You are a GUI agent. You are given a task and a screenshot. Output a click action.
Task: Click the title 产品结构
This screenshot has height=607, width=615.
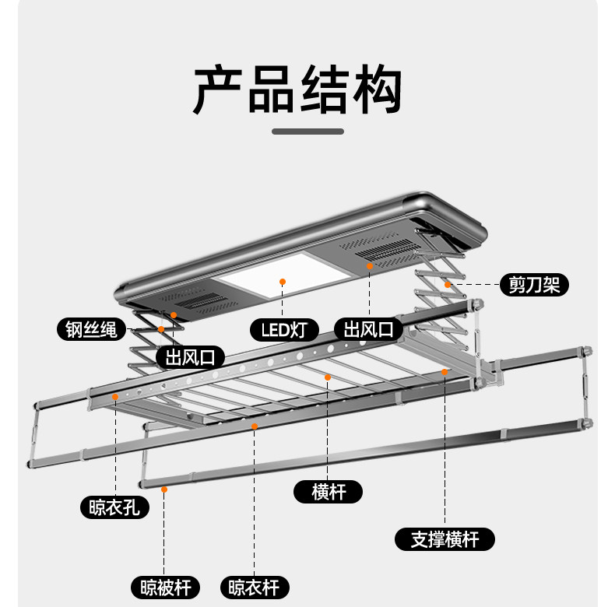297,89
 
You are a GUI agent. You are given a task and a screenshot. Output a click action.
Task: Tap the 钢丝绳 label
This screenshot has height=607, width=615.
91,329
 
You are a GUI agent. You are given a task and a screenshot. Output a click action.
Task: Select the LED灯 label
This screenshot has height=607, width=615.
284,330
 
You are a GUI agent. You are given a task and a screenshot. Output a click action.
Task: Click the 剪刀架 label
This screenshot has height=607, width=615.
534,285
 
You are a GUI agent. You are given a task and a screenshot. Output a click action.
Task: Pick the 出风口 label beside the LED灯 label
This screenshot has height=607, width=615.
369,329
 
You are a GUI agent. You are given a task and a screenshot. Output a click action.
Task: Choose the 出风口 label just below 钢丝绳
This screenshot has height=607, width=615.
190,357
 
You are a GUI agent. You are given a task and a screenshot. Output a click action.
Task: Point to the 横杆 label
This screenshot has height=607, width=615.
328,492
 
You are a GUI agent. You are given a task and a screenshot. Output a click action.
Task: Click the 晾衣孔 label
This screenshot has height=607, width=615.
114,507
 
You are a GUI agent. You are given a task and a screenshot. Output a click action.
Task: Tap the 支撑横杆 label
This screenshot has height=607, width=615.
445,539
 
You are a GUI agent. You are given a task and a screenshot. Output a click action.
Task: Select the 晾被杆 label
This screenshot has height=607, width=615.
165,588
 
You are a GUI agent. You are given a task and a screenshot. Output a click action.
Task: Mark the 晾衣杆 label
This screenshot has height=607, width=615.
255,588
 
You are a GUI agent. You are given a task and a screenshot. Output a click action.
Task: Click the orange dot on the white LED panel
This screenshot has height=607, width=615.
283,282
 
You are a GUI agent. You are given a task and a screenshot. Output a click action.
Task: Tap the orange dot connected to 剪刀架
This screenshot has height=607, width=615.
448,285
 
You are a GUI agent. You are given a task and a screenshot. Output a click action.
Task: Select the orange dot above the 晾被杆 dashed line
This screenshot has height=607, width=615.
164,489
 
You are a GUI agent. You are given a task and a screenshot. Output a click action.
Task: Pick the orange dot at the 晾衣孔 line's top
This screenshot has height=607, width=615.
115,397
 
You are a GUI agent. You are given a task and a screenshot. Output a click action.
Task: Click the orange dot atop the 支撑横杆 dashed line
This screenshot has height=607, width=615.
445,372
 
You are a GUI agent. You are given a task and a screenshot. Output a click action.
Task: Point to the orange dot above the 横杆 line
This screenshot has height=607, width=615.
328,377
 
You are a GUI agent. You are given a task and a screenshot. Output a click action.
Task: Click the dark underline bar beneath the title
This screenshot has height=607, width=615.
308,132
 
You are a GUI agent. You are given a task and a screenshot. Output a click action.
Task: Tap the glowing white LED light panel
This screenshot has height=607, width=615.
284,275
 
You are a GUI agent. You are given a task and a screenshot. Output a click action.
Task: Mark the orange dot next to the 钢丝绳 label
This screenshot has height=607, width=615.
161,329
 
